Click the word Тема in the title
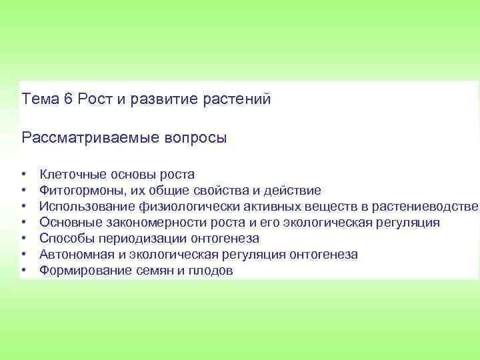coord(41,99)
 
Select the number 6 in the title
coord(68,99)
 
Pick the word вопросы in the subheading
coord(194,139)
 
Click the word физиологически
coord(187,207)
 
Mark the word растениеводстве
coord(425,207)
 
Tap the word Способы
coord(65,239)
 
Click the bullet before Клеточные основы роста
coord(23,175)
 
